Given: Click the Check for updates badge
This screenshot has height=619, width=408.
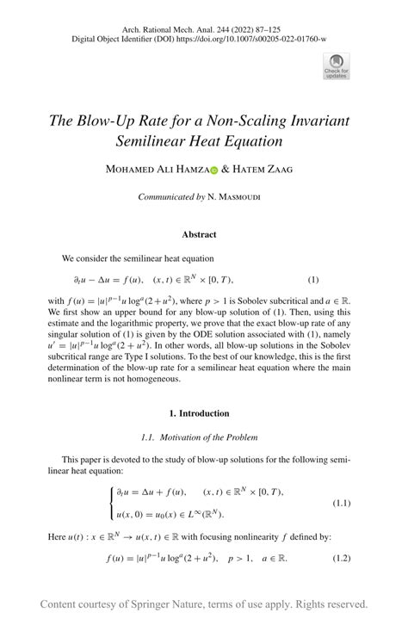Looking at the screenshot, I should pos(336,65).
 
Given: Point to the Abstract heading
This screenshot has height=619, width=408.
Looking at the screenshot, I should pos(199,234).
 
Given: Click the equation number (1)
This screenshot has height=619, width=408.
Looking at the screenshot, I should pos(313,280).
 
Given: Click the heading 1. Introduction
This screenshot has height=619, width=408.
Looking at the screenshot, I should pos(199,413).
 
